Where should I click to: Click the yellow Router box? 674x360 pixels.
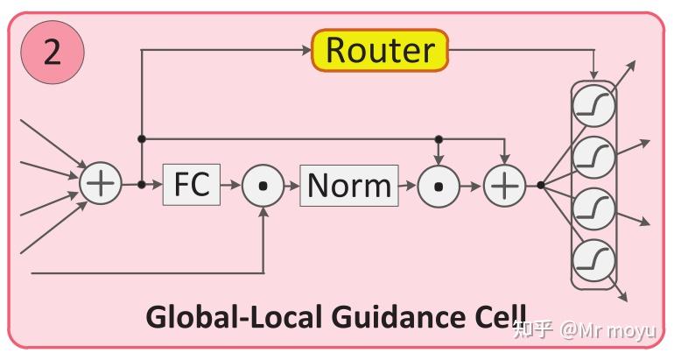pos(380,50)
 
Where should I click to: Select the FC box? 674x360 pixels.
pos(192,185)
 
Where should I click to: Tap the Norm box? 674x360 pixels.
pos(349,185)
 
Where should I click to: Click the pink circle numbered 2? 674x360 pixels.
pos(53,53)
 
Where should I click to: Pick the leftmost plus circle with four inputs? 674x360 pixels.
pos(102,185)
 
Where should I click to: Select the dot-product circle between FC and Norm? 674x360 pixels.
pos(263,185)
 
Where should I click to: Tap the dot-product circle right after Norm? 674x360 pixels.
pos(439,185)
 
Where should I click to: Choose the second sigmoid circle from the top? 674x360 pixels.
pos(594,158)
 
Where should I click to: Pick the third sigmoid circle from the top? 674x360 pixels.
pos(594,208)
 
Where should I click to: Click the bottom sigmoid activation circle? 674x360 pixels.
pos(594,259)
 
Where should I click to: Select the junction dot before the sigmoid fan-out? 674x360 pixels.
pos(541,185)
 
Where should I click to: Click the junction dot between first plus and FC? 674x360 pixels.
pos(142,185)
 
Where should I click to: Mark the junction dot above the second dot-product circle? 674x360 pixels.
pos(439,138)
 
